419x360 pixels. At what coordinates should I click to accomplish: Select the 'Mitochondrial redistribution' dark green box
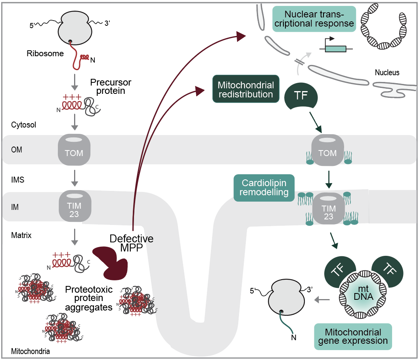246,90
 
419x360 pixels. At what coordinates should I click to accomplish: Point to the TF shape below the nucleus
301,97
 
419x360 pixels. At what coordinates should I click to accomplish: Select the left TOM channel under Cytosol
74,149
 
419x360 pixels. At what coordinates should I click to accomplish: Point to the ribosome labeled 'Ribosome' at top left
75,29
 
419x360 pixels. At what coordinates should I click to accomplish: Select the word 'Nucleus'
387,72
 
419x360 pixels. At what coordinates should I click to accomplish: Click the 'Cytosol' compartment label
24,125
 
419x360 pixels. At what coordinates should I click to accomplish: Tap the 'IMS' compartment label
17,180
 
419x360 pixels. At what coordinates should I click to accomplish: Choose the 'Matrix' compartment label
21,235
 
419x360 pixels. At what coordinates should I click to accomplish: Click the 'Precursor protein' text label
111,87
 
